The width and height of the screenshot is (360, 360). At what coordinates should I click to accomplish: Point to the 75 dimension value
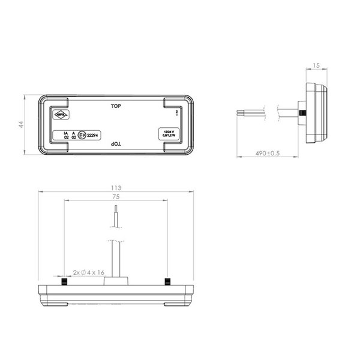coord(116,196)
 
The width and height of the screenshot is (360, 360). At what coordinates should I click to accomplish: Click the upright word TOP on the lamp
coord(116,106)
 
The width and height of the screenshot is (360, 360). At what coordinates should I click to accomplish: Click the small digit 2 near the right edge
coord(176,112)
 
